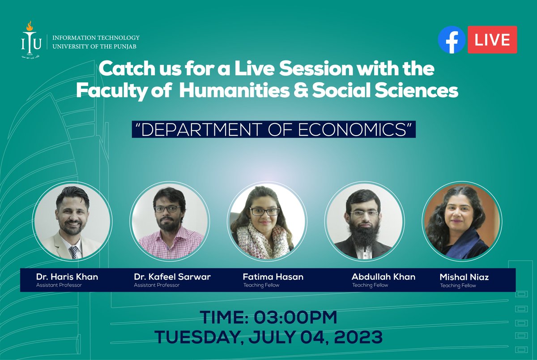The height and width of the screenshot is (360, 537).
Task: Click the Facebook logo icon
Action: point(452,40)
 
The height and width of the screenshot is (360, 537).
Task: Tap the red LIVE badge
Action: point(492,40)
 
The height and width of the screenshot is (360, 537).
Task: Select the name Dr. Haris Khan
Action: point(67,277)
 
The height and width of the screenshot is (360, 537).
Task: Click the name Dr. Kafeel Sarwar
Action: point(172,277)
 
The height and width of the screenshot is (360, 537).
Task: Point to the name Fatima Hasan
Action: point(273,277)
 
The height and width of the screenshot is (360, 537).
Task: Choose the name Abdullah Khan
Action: point(384,277)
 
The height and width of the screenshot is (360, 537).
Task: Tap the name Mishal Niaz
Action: point(464,277)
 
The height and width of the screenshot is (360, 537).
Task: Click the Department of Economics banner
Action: point(274,129)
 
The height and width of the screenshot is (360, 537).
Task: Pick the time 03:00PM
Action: point(295,318)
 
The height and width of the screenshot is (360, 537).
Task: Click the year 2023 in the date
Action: point(361,336)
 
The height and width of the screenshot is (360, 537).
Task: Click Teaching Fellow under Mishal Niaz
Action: point(458,286)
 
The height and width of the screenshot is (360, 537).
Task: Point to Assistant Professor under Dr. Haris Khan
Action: point(59,285)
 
